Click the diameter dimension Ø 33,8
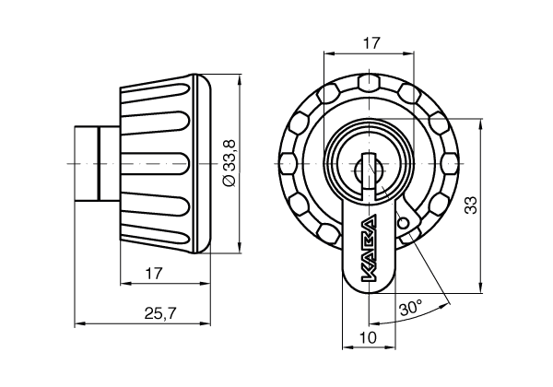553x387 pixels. pyautogui.click(x=229, y=163)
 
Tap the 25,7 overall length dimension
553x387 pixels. pyautogui.click(x=160, y=313)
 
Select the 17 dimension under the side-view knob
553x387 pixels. pyautogui.click(x=154, y=273)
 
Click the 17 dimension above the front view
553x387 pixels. pyautogui.click(x=371, y=43)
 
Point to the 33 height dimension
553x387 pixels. pyautogui.click(x=471, y=205)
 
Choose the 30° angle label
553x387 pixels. pyautogui.click(x=411, y=309)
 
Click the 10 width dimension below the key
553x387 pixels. pyautogui.click(x=368, y=337)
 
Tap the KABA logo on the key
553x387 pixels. pyautogui.click(x=369, y=249)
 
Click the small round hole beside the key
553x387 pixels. pyautogui.click(x=404, y=223)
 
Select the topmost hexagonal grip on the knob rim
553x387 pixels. pyautogui.click(x=369, y=82)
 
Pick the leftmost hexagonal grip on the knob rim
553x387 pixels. pyautogui.click(x=288, y=163)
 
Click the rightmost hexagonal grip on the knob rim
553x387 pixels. pyautogui.click(x=450, y=163)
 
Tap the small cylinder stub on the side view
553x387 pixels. pyautogui.click(x=97, y=164)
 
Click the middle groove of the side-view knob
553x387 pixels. pyautogui.click(x=155, y=164)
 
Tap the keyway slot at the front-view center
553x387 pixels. pyautogui.click(x=369, y=170)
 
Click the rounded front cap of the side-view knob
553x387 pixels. pyautogui.click(x=203, y=164)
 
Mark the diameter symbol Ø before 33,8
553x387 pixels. pyautogui.click(x=229, y=182)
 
